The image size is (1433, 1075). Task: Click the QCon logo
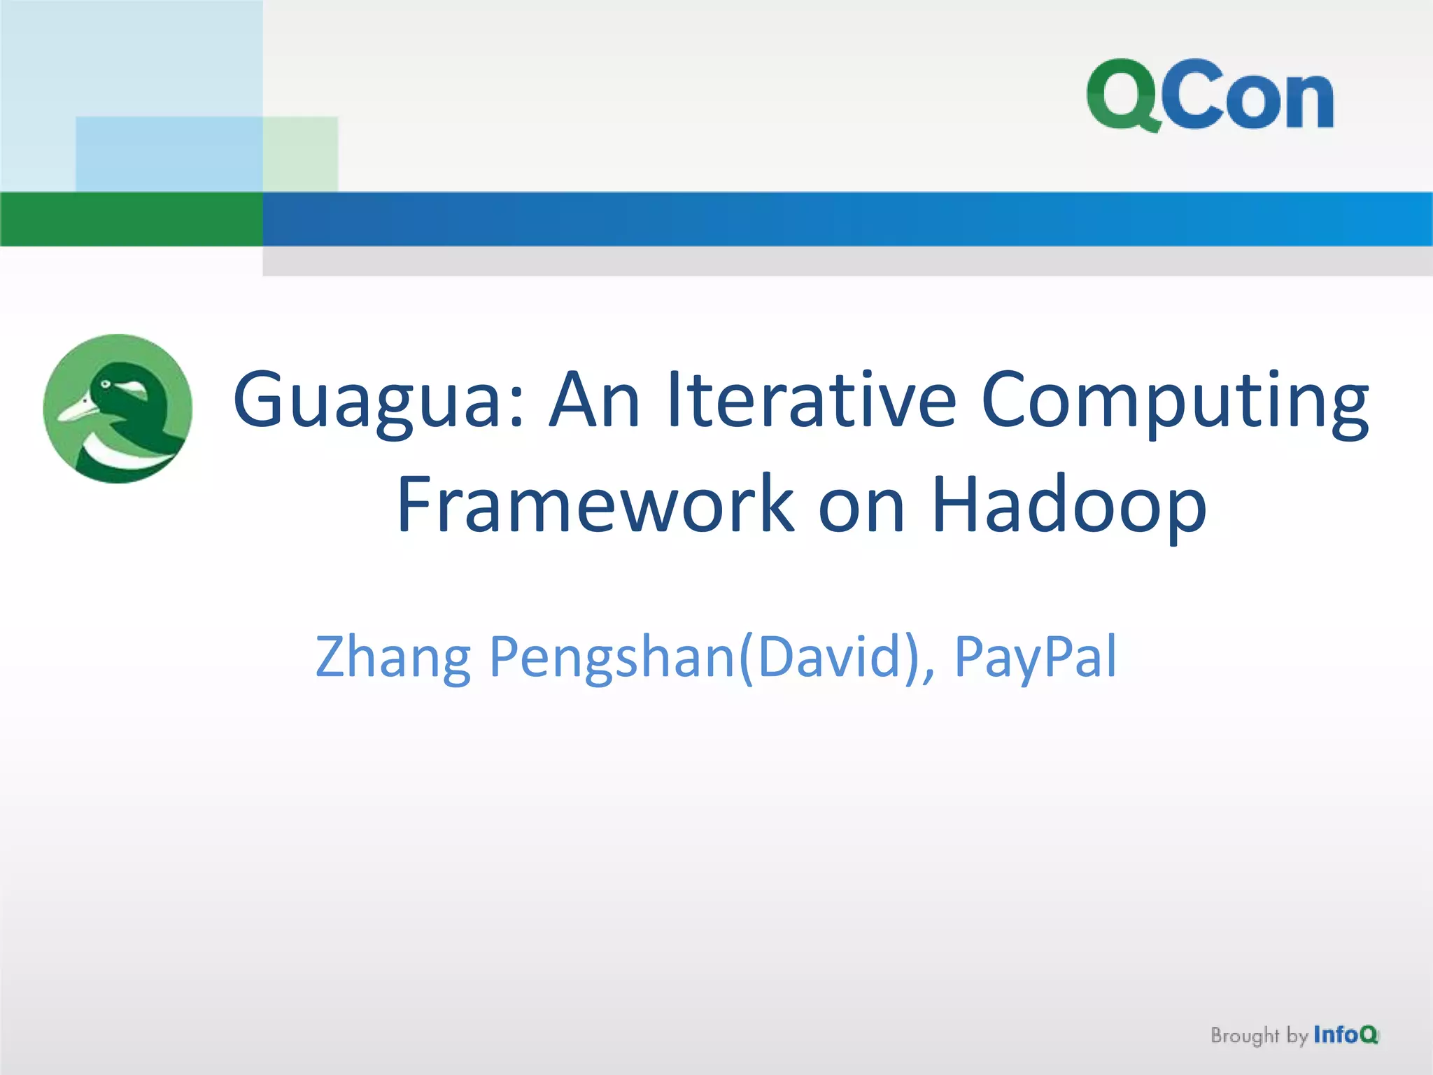point(1209,96)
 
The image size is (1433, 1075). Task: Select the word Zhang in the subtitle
point(393,658)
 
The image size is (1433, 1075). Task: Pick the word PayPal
point(1036,658)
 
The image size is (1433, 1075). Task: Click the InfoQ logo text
point(1345,1034)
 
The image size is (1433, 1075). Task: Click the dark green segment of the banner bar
point(132,219)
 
